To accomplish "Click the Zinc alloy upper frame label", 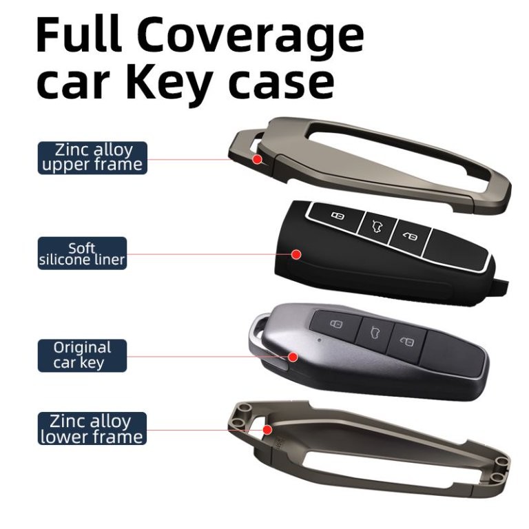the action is point(92,158).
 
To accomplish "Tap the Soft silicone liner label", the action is point(83,253).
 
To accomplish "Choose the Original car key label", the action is point(83,355).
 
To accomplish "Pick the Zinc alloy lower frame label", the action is point(92,428).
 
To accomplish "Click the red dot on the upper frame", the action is point(258,159).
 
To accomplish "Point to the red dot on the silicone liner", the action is point(297,254).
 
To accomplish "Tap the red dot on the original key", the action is point(293,357).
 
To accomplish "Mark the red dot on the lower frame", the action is point(267,430).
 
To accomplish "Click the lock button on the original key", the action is point(336,324).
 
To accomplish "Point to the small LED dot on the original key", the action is point(319,340).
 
